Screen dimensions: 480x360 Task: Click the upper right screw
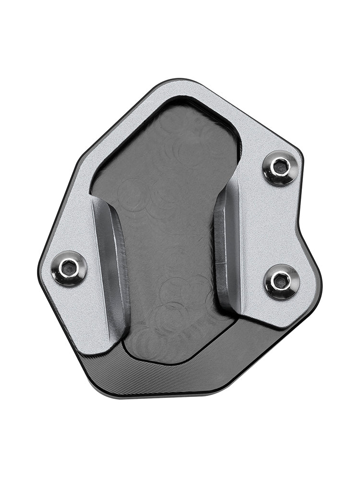281,168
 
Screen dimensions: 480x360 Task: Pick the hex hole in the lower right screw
280,281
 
